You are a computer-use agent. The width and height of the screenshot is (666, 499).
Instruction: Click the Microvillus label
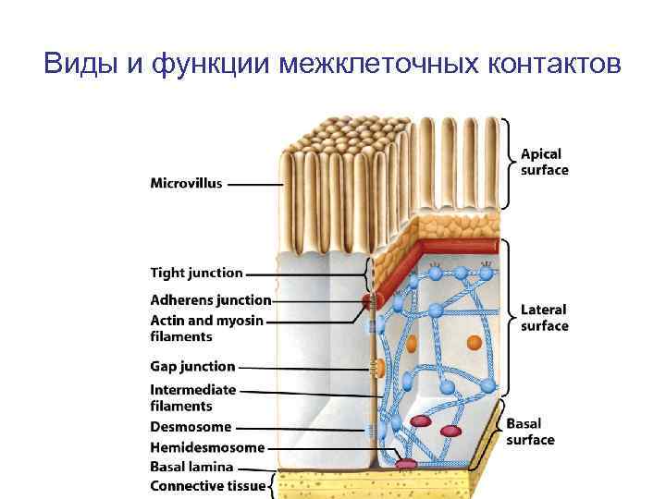186,183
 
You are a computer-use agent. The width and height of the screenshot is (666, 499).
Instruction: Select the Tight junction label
196,273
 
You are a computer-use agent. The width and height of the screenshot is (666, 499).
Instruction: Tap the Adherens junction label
210,299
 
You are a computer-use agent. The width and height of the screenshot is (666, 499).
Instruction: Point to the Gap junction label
192,366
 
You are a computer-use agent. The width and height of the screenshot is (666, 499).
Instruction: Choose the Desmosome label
191,427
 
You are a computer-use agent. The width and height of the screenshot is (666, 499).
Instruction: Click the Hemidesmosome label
207,447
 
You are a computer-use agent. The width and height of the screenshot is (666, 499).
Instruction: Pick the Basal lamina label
191,467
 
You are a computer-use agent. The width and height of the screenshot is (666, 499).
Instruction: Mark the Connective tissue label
207,485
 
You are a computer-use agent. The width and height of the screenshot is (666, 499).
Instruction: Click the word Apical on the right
540,153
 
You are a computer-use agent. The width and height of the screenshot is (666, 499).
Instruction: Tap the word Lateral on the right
543,310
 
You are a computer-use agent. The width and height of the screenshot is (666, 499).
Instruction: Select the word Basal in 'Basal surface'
524,423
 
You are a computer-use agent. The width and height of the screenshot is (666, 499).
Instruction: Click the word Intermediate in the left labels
192,389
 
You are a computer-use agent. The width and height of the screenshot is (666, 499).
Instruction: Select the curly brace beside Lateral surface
507,319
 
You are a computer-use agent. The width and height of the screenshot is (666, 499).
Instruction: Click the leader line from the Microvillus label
254,184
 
